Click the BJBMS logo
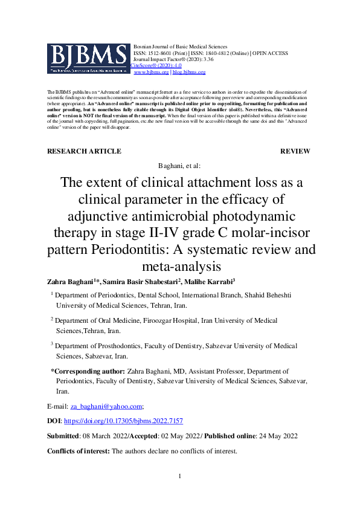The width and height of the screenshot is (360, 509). [x=88, y=59]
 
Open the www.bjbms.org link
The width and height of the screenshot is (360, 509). [x=151, y=72]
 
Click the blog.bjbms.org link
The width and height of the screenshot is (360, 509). [x=189, y=72]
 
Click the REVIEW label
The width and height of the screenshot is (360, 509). [x=295, y=151]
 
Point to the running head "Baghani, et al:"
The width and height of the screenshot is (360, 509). [x=179, y=165]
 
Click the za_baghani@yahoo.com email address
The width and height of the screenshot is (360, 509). [x=105, y=406]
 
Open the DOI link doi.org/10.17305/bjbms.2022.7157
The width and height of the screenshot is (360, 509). [x=123, y=420]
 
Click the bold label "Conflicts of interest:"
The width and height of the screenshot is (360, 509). [x=79, y=451]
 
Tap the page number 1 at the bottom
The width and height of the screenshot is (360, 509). [x=179, y=478]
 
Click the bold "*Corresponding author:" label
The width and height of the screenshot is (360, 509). [x=88, y=371]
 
